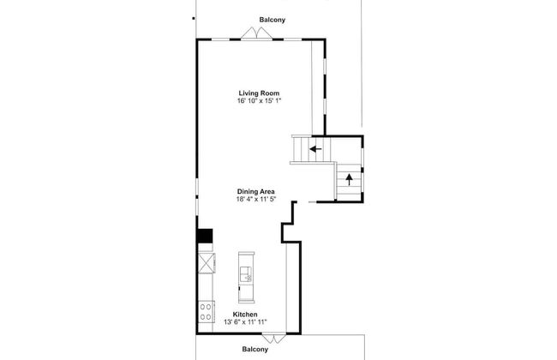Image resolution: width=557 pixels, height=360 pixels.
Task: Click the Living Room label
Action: pyautogui.click(x=259, y=93)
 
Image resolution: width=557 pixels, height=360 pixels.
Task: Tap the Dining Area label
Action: pyautogui.click(x=255, y=191)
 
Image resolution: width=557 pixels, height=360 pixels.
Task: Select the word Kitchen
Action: pyautogui.click(x=245, y=315)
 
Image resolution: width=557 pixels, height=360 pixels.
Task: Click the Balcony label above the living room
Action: pyautogui.click(x=273, y=20)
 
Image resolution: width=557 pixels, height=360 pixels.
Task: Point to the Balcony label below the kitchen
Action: pyautogui.click(x=255, y=350)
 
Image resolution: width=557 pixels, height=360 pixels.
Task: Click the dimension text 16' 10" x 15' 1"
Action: pyautogui.click(x=260, y=101)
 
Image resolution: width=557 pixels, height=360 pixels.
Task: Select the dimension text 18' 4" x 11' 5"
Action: pyautogui.click(x=256, y=200)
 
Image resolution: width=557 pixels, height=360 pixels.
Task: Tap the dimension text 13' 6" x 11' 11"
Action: pyautogui.click(x=245, y=322)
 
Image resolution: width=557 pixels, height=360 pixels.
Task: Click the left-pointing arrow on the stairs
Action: pyautogui.click(x=315, y=149)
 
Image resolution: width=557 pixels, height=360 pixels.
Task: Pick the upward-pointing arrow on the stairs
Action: pyautogui.click(x=349, y=179)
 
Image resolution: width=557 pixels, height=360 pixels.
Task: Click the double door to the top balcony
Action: pyautogui.click(x=257, y=33)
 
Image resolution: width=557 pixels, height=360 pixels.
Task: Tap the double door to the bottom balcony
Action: pyautogui.click(x=273, y=338)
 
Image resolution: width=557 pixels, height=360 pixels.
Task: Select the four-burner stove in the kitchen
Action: pyautogui.click(x=207, y=312)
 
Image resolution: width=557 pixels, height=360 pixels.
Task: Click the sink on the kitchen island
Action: pyautogui.click(x=246, y=274)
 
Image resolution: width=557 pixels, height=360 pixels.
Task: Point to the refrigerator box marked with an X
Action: pyautogui.click(x=207, y=263)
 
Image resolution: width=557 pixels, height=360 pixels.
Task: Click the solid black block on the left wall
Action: pyautogui.click(x=205, y=236)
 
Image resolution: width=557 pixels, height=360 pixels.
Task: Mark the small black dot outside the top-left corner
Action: pyautogui.click(x=194, y=18)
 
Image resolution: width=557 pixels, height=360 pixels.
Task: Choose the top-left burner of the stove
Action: pyautogui.click(x=203, y=306)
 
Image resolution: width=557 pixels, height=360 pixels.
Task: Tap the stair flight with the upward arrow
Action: pyautogui.click(x=349, y=182)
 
